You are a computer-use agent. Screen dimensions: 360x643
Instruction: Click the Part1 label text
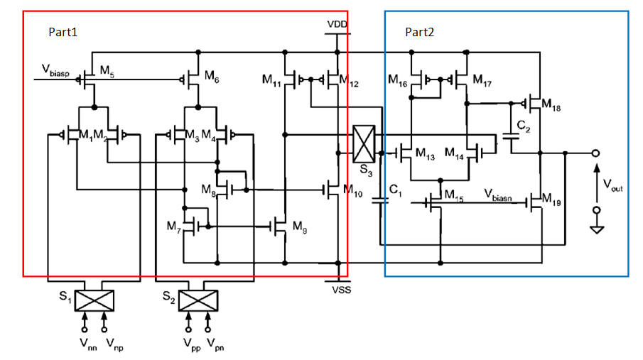point(63,33)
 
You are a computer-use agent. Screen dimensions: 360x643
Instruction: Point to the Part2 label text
point(419,33)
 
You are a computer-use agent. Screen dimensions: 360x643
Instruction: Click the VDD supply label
point(337,24)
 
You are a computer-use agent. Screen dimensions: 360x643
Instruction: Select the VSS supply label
point(342,290)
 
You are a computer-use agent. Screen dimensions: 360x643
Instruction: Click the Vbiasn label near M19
point(502,192)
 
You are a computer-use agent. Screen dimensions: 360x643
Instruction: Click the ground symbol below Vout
point(597,229)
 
